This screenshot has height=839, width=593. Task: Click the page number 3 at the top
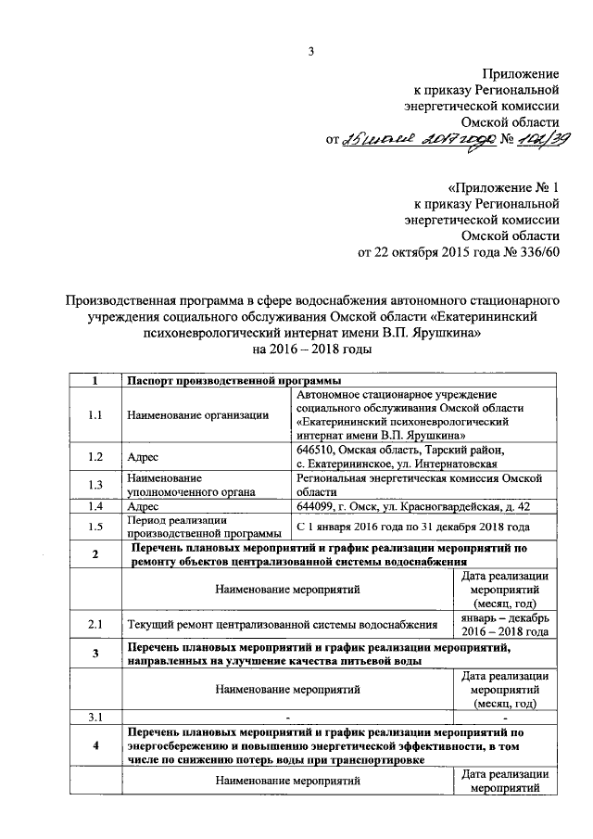[312, 52]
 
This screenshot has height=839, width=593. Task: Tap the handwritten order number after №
[536, 138]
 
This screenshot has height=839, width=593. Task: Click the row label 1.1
[95, 416]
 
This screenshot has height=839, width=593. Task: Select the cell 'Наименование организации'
[192, 416]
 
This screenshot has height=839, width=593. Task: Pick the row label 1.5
[95, 527]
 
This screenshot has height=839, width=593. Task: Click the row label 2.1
[95, 624]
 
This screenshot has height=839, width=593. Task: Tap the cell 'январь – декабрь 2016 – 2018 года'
[505, 624]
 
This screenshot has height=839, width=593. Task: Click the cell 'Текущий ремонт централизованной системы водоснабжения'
[282, 624]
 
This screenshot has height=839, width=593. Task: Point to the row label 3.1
[95, 717]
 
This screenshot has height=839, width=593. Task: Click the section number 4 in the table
[95, 746]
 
